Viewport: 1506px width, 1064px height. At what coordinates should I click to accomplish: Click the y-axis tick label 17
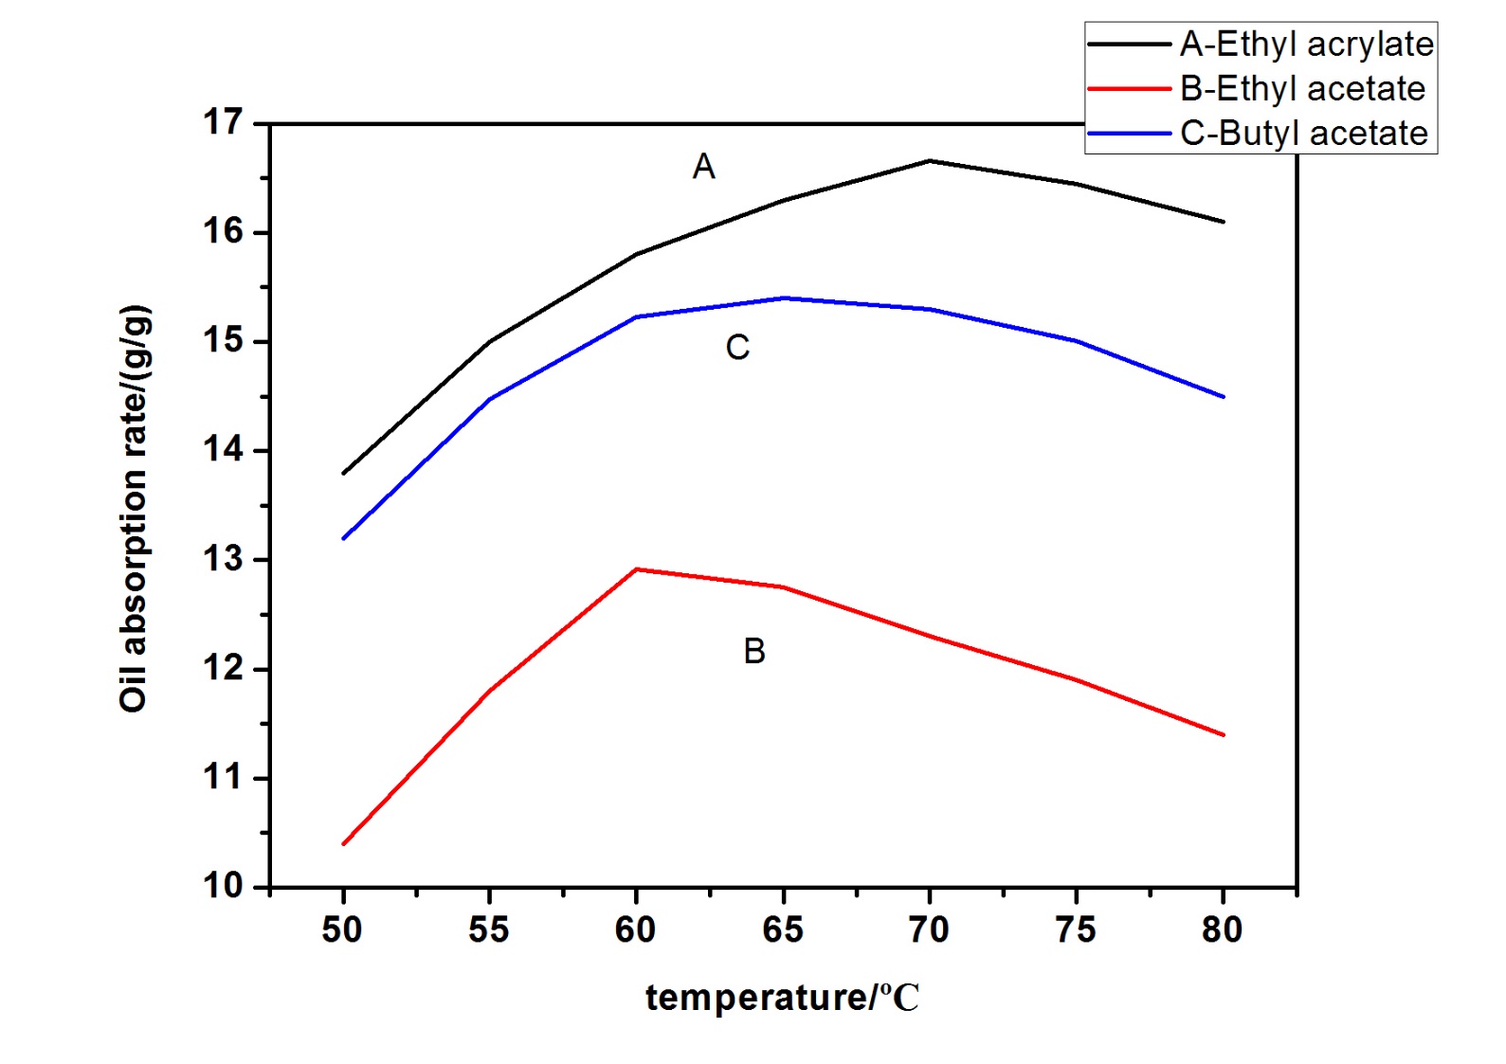pos(223,122)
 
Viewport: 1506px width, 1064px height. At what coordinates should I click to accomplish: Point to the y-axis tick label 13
pos(223,559)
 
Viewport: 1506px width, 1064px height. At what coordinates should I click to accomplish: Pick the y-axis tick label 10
pos(223,886)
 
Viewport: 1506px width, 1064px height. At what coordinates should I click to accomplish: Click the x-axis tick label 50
pos(342,930)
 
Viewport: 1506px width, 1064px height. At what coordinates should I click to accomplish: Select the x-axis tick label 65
pos(783,930)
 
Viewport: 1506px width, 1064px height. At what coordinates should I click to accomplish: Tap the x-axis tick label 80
pos(1222,930)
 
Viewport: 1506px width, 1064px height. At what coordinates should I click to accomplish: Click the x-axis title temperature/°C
pos(782,998)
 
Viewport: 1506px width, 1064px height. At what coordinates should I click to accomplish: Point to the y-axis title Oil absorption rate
pos(134,508)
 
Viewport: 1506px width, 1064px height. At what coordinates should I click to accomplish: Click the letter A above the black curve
pos(703,167)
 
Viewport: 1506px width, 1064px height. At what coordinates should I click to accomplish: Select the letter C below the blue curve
pos(737,348)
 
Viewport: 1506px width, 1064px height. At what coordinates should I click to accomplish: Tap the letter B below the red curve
pos(754,651)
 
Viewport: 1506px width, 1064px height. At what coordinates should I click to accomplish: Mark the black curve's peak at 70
pos(930,161)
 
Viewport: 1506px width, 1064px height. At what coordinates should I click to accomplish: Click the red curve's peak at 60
pos(636,569)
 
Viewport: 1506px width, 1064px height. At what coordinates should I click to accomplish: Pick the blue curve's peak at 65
pos(784,298)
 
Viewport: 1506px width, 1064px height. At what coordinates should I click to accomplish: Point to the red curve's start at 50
pos(343,843)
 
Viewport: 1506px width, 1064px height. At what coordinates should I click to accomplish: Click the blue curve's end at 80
pos(1224,397)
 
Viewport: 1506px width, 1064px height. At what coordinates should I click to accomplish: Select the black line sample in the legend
pos(1129,45)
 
